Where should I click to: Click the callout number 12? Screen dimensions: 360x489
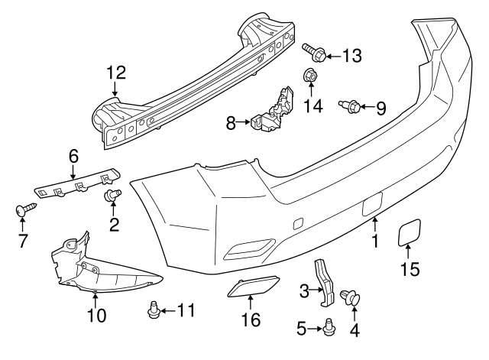[x=115, y=73]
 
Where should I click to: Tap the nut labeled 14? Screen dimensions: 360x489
[x=310, y=76]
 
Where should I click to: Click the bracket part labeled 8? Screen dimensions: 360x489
[x=273, y=112]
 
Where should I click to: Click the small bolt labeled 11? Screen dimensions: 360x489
[x=152, y=310]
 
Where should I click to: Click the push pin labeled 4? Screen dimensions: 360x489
[x=353, y=297]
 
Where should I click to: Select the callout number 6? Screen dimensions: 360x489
[x=73, y=155]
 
